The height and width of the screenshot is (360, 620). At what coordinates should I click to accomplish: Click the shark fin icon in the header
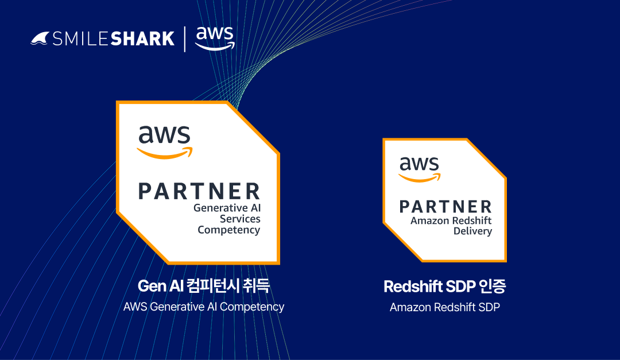point(40,39)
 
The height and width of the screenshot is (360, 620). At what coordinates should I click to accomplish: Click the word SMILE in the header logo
point(80,39)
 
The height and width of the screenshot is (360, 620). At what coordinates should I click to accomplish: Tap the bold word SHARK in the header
point(142,39)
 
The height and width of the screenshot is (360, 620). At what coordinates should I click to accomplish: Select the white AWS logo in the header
point(215,38)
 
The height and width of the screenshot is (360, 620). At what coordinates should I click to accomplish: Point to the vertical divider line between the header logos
point(185,39)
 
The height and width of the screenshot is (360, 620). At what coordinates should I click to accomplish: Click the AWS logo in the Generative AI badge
point(165,142)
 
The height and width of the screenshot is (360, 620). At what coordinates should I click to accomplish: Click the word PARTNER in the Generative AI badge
point(199,191)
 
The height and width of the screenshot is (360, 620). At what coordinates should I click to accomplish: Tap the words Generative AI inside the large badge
point(227,208)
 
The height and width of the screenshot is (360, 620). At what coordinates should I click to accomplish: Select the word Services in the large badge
point(240,219)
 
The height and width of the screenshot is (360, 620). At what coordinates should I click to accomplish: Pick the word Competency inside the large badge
point(229,230)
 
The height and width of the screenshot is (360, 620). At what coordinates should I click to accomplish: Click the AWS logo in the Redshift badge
point(420,169)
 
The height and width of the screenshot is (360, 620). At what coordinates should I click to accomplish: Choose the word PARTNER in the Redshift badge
point(445,207)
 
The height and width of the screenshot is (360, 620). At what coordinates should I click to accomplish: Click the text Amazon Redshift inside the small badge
point(451,220)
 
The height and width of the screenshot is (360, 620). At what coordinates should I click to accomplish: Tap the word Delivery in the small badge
point(473,231)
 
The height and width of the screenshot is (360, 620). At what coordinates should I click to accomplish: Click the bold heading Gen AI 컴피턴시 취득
point(204,285)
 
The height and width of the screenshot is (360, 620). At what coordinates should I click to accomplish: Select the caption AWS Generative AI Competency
point(204,307)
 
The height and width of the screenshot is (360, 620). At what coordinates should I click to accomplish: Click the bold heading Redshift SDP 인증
point(445,287)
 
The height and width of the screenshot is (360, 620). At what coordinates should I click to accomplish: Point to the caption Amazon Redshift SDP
point(445,307)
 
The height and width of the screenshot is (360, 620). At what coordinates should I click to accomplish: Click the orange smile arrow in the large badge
point(165,153)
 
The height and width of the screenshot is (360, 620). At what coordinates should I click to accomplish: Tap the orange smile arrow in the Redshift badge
point(420,177)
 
